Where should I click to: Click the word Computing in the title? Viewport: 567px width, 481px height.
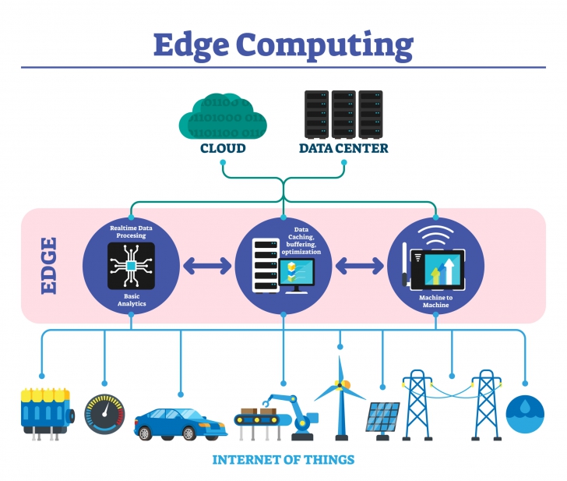coord(328,46)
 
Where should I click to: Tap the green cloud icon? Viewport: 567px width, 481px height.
coord(222,118)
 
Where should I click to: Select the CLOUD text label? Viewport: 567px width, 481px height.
coord(223,148)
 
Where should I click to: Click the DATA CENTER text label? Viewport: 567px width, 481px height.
coord(343,148)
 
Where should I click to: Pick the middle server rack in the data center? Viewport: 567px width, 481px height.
coord(343,114)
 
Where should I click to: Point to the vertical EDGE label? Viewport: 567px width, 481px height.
coord(48,266)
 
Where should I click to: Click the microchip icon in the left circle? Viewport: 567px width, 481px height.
coord(131,266)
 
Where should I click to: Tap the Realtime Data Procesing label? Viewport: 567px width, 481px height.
coord(131,230)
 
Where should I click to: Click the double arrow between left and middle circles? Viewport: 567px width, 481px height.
coord(206,266)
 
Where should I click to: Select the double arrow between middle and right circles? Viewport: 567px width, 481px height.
coord(359,266)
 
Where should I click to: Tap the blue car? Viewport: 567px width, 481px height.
coord(180,422)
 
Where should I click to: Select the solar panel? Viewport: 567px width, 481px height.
coord(382,417)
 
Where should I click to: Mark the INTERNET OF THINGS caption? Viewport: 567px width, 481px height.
coord(283,459)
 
